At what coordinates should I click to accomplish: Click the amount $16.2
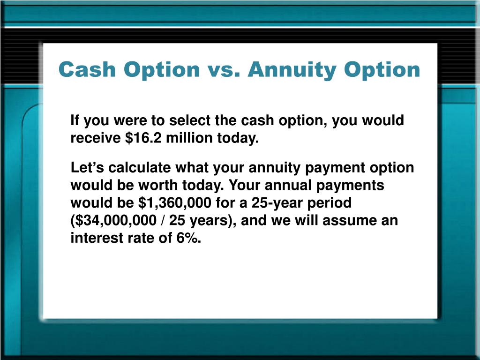point(141,139)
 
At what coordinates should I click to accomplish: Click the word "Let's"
point(85,168)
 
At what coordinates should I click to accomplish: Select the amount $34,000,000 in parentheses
point(111,221)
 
